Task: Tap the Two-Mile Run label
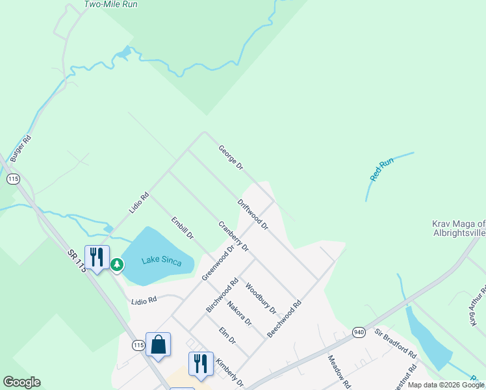[110, 4]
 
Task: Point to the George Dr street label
[231, 157]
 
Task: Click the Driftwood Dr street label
[253, 214]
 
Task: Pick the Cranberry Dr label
[233, 237]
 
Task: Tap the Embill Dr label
[183, 228]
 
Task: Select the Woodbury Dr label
[261, 296]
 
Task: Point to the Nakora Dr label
[240, 309]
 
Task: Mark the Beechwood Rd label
[285, 318]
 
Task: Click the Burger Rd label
[20, 148]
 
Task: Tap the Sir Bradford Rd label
[395, 343]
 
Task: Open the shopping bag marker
[159, 344]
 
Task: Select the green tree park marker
[117, 264]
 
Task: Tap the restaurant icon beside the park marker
[97, 257]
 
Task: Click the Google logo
[21, 382]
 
